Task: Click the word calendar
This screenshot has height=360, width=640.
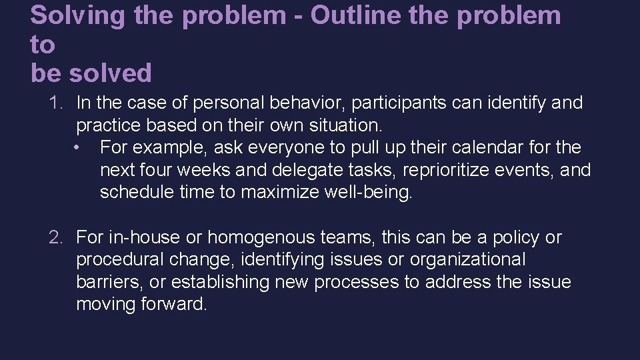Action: pos(481,147)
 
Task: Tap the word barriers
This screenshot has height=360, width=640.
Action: pos(109,282)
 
